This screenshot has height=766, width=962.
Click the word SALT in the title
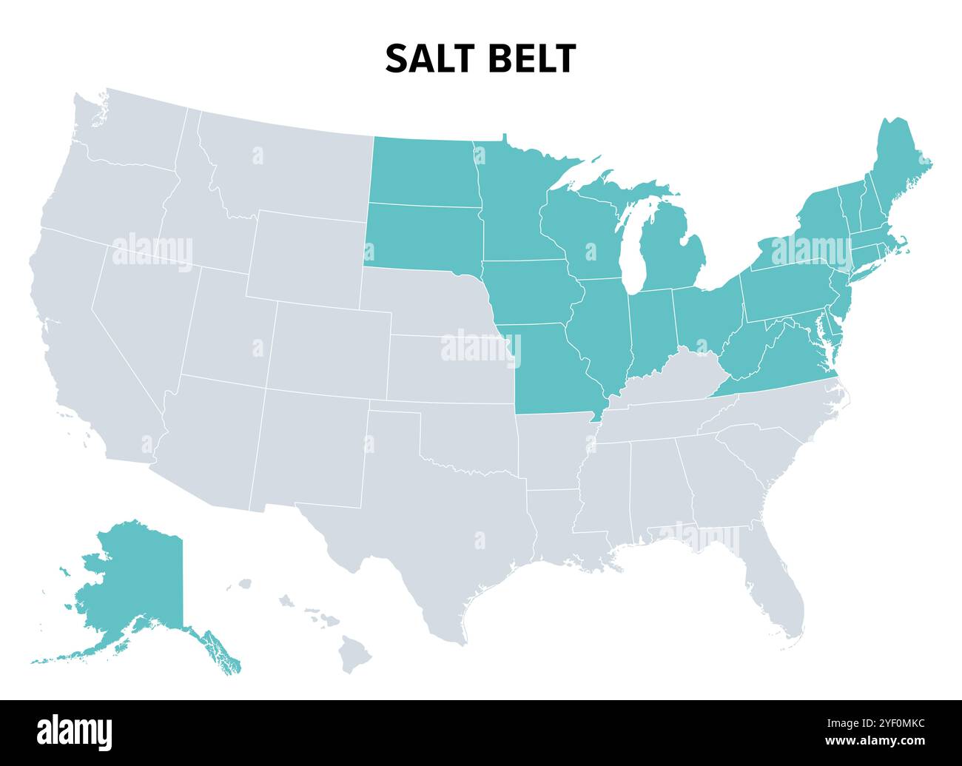428,58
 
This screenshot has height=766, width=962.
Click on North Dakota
422,170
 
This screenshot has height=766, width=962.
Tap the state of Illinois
603,333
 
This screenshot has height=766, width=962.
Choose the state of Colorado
329,344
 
